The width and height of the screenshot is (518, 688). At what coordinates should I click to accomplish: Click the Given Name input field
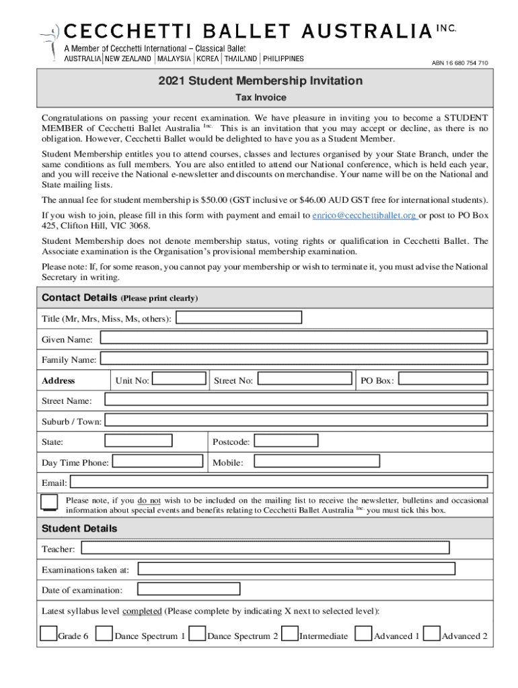click(x=293, y=338)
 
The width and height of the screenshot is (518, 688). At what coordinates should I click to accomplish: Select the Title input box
click(x=238, y=317)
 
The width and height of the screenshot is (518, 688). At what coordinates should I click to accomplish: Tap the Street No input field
click(x=305, y=379)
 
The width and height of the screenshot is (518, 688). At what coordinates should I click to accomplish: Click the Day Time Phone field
click(x=157, y=461)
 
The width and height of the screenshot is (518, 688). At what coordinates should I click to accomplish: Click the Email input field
click(x=279, y=482)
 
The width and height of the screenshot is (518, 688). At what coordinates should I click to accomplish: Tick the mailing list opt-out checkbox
click(x=49, y=503)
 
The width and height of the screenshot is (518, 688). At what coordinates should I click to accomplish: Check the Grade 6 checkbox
click(x=48, y=634)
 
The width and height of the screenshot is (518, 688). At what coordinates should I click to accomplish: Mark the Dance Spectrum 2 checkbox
click(x=198, y=634)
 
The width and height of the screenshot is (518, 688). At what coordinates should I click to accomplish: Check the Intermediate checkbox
click(x=290, y=634)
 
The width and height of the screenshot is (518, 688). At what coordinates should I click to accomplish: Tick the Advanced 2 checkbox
click(x=433, y=634)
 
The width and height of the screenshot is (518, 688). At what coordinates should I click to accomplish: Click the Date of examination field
click(x=189, y=589)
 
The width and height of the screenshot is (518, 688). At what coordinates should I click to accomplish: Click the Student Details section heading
click(x=79, y=529)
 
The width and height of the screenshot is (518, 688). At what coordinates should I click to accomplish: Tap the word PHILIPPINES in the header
click(x=283, y=58)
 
